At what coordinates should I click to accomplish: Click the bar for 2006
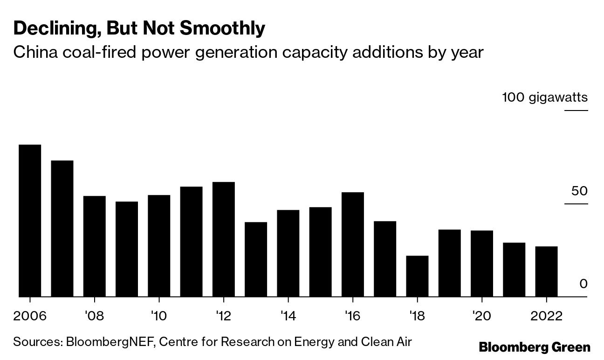[30, 220]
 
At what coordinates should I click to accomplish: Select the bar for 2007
[62, 228]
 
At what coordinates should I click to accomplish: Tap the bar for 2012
[223, 239]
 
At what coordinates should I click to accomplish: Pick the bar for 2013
[256, 259]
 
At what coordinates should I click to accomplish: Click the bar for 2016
[352, 244]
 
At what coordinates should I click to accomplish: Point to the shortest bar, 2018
[417, 276]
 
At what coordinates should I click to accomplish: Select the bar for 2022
[546, 271]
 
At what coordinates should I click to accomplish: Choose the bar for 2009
[127, 249]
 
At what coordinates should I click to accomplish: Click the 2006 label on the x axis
[30, 316]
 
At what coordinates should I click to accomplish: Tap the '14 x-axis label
[288, 316]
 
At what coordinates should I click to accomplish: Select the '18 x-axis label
[417, 316]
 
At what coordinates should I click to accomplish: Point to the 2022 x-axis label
[546, 316]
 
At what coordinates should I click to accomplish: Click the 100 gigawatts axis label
[545, 97]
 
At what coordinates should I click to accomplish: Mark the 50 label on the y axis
[577, 191]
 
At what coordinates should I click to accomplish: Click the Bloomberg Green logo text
[535, 347]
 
